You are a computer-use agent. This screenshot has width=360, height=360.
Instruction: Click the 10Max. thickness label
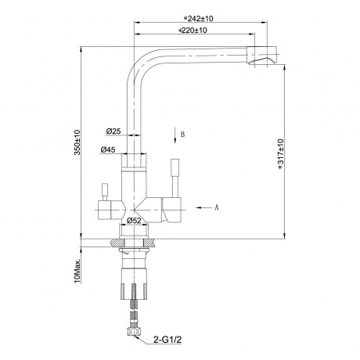pyautogui.click(x=77, y=268)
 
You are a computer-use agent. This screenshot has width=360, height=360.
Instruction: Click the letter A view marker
pyautogui.click(x=216, y=207)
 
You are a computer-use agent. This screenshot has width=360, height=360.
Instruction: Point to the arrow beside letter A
pyautogui.click(x=202, y=207)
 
